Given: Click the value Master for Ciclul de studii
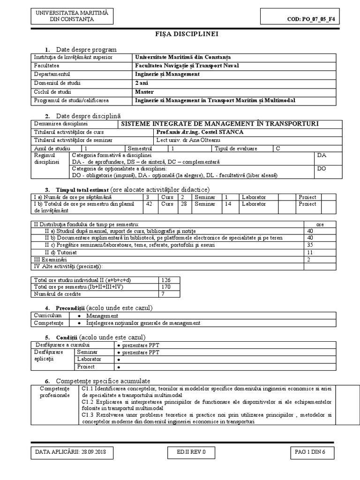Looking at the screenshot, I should coord(144,91).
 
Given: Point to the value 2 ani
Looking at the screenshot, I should coord(142,83).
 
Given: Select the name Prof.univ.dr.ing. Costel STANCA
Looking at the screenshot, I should coord(194,132).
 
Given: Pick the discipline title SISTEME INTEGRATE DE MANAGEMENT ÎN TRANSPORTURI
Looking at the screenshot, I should coord(220,124).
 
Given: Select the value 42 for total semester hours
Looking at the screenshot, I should coord(150,204).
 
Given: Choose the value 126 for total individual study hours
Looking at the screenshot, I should coord(165,280).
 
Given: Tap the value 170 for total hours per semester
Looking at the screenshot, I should coord(165,287).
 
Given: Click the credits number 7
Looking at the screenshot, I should coord(163,294).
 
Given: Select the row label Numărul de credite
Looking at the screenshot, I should coord(58,294).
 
